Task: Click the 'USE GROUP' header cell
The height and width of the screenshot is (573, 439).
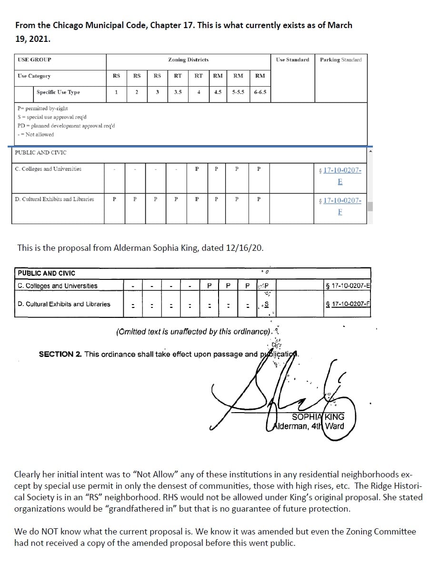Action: pyautogui.click(x=34, y=60)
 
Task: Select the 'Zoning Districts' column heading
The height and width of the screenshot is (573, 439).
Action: pyautogui.click(x=188, y=60)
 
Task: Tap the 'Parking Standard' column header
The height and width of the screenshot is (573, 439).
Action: pyautogui.click(x=340, y=60)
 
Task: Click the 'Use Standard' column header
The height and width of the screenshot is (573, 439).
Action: pyautogui.click(x=292, y=60)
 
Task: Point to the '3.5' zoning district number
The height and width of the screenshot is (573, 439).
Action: pyautogui.click(x=178, y=92)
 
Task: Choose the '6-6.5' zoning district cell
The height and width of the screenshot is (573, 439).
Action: pyautogui.click(x=260, y=92)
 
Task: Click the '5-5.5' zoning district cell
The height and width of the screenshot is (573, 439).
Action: pyautogui.click(x=238, y=92)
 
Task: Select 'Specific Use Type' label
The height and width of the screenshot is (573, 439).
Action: pyautogui.click(x=58, y=92)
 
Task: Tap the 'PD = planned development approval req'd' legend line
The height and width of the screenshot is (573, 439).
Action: pyautogui.click(x=66, y=126)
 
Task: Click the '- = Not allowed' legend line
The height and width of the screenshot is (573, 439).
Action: pyautogui.click(x=36, y=135)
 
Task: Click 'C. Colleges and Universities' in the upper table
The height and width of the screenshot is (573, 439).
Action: pyautogui.click(x=48, y=169)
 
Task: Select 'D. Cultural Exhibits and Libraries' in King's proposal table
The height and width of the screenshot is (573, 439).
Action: pyautogui.click(x=64, y=304)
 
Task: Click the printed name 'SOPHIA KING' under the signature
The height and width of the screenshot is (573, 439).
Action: pyautogui.click(x=318, y=417)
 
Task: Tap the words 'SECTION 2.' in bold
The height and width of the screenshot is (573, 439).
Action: pyautogui.click(x=60, y=354)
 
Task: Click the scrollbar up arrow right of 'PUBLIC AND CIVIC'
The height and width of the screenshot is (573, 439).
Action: pyautogui.click(x=370, y=151)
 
